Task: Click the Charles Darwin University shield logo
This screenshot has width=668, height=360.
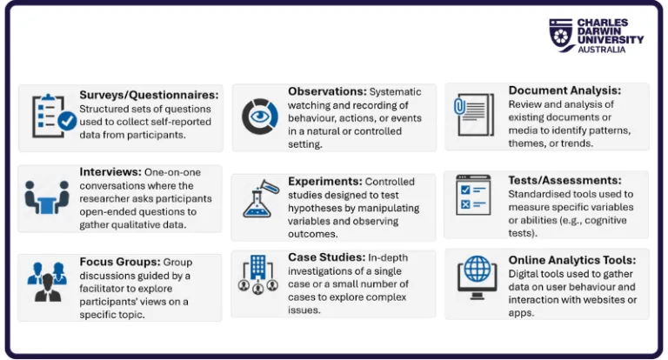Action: [560, 35]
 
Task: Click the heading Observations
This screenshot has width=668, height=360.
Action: [327, 91]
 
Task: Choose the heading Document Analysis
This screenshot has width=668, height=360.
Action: [564, 90]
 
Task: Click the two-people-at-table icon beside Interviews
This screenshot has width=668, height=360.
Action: [47, 197]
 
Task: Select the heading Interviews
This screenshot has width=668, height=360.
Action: [110, 172]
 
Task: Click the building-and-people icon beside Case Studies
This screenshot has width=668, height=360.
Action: [259, 276]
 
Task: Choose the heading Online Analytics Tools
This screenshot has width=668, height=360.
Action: [572, 260]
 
